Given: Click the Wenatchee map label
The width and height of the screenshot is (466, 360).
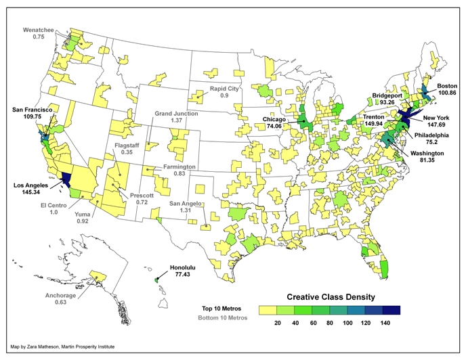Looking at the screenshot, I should [39, 30].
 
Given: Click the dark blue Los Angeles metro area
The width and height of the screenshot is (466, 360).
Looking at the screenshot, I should [67, 179].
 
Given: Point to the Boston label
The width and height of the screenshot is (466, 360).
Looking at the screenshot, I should [447, 86].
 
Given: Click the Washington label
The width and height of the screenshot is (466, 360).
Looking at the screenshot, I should [425, 154].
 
